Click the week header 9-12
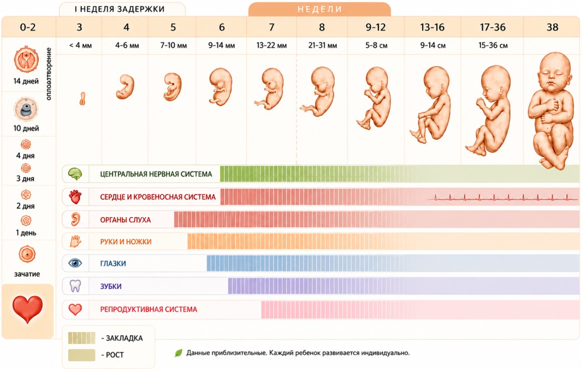(375, 27)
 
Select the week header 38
(552, 27)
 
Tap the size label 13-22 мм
(271, 45)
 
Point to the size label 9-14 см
(433, 45)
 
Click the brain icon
(75, 174)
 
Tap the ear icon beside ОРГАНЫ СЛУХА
(75, 219)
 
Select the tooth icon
(75, 286)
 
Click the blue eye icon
(75, 263)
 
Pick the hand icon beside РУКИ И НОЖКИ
(75, 241)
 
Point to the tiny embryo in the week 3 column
(83, 98)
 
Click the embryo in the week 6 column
(220, 87)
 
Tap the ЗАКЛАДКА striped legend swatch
(82, 338)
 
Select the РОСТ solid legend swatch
(82, 355)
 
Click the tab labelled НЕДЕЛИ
(320, 9)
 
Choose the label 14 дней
(26, 81)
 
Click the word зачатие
(27, 274)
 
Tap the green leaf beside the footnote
(179, 353)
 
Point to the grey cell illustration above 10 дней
(26, 109)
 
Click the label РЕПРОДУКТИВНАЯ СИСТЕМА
(149, 309)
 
